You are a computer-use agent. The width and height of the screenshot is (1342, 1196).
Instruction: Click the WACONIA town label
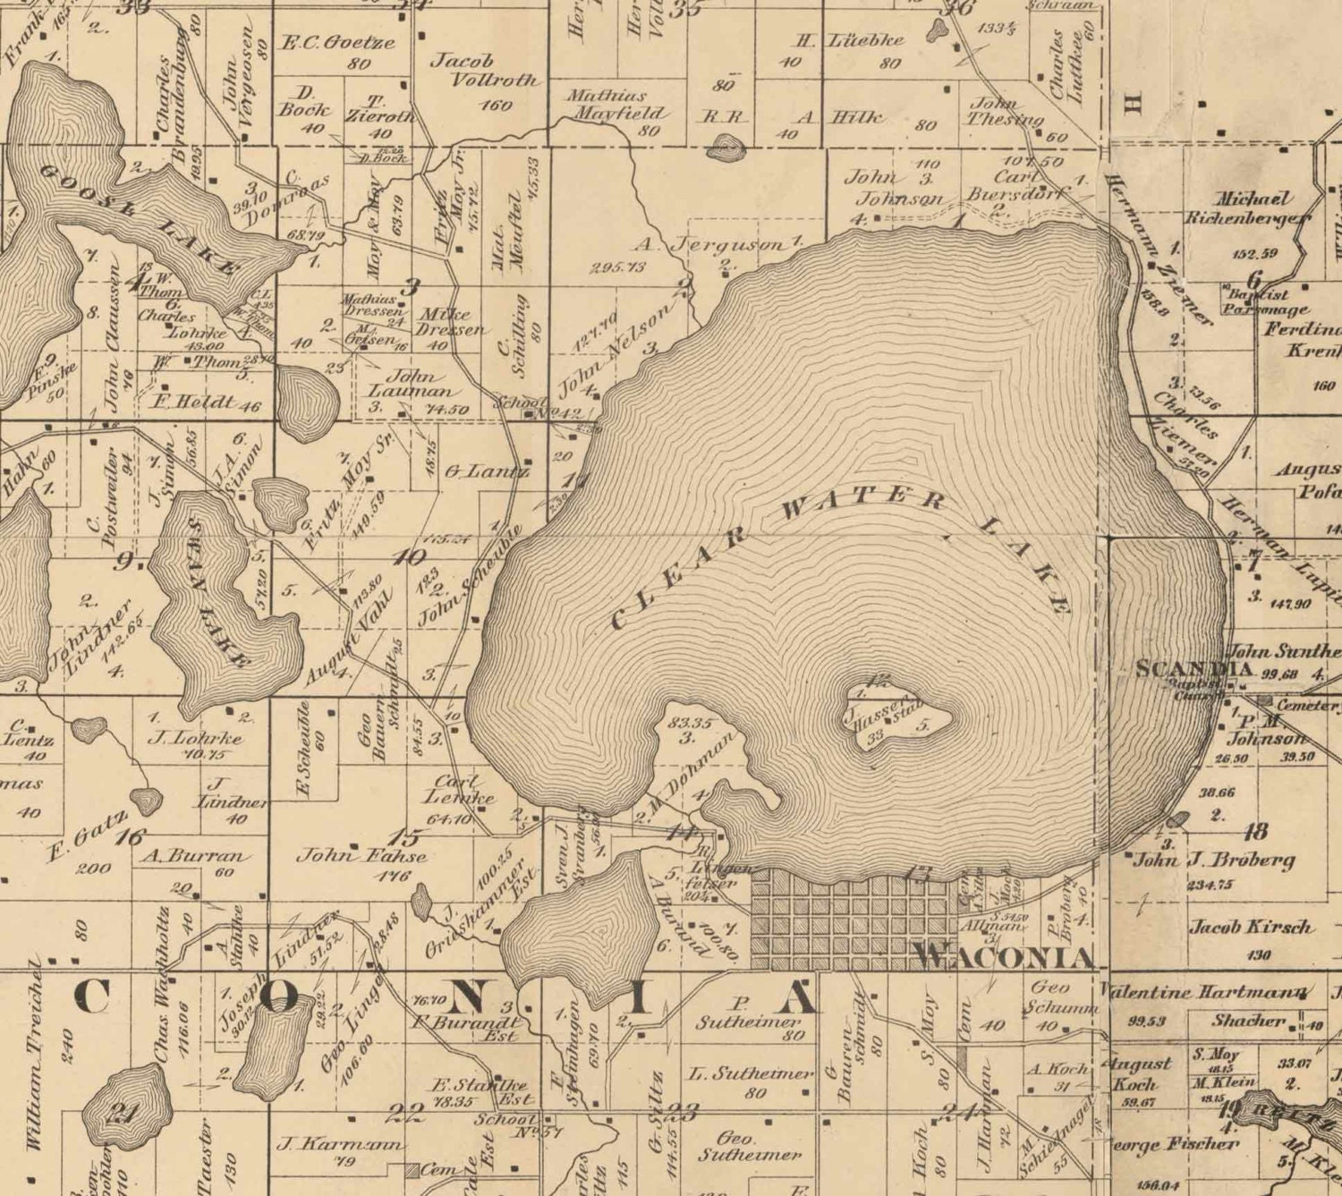pyautogui.click(x=1004, y=957)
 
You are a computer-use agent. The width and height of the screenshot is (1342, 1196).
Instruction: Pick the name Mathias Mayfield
pyautogui.click(x=619, y=104)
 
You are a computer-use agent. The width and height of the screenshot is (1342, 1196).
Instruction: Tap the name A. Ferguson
pyautogui.click(x=712, y=243)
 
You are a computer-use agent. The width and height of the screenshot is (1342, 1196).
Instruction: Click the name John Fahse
pyautogui.click(x=361, y=855)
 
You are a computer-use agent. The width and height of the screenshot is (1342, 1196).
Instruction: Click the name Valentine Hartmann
pyautogui.click(x=1207, y=992)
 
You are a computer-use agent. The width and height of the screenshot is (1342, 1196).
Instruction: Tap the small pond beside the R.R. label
pyautogui.click(x=730, y=148)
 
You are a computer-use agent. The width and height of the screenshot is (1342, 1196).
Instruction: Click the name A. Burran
pyautogui.click(x=191, y=855)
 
